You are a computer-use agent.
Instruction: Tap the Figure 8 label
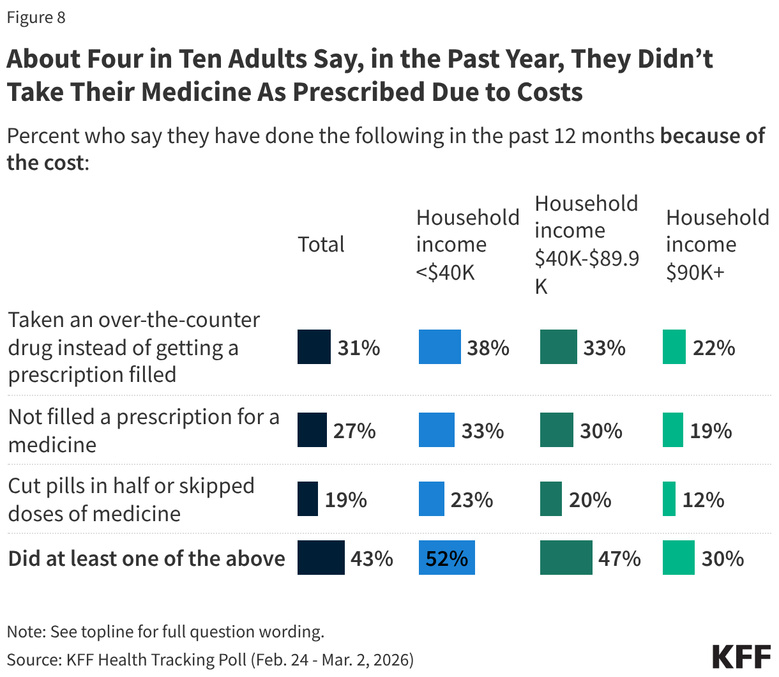(36, 17)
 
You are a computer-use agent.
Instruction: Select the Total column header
(321, 245)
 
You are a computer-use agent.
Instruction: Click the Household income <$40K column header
(467, 245)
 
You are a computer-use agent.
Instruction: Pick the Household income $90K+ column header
(716, 245)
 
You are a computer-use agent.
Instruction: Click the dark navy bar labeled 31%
(314, 347)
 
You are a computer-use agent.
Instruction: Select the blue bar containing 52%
(446, 558)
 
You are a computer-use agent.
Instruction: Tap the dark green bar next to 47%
(566, 558)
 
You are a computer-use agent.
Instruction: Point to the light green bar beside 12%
(669, 499)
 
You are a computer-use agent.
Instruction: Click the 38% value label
(488, 347)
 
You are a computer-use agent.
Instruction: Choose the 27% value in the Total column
(354, 430)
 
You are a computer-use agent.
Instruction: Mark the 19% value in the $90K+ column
(711, 430)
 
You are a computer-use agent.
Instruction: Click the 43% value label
(372, 559)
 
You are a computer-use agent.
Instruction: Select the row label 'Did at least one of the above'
(146, 559)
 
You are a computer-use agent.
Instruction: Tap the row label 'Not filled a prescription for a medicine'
(144, 430)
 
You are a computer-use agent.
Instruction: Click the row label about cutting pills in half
(131, 499)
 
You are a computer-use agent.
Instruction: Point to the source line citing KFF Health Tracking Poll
(210, 659)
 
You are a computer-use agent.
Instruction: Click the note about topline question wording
(165, 632)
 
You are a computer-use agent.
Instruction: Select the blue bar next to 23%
(431, 499)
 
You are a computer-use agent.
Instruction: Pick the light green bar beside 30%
(678, 558)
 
